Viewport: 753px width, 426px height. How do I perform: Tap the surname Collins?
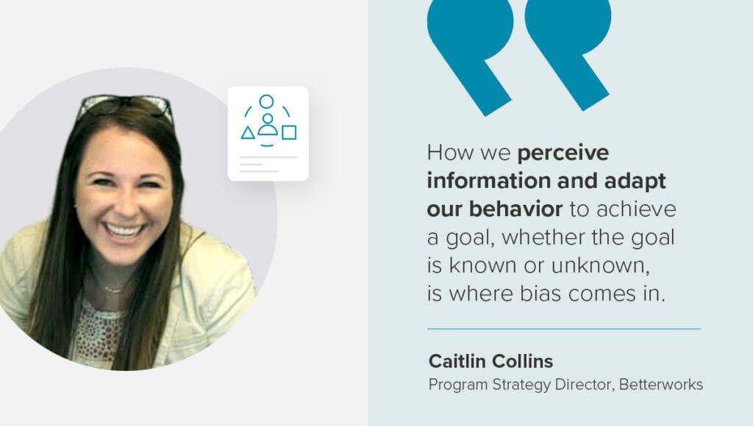[x=521, y=361]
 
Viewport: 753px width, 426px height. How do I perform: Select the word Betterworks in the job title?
[x=661, y=384]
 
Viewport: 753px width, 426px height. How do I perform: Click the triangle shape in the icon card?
[x=248, y=133]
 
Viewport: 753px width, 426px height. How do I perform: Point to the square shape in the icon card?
[x=288, y=132]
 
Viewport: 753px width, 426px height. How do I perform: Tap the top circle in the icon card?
[x=266, y=101]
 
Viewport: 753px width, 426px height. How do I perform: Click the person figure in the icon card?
[x=268, y=125]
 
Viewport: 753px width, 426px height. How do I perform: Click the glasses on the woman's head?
[x=125, y=105]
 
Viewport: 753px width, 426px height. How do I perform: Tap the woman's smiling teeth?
[x=124, y=231]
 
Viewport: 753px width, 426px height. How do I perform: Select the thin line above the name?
[x=564, y=329]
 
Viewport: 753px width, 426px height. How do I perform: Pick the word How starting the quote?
[x=447, y=153]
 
